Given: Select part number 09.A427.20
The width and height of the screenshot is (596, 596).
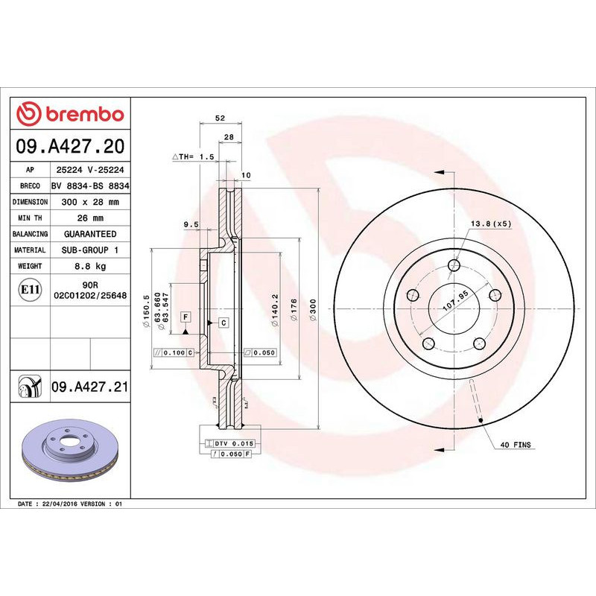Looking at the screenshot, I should click(71, 145).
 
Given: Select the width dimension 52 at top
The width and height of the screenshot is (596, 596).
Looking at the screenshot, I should click(219, 118).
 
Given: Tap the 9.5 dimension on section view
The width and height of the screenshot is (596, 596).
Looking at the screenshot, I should click(191, 224).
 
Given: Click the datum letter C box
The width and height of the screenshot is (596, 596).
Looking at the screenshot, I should click(223, 322).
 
